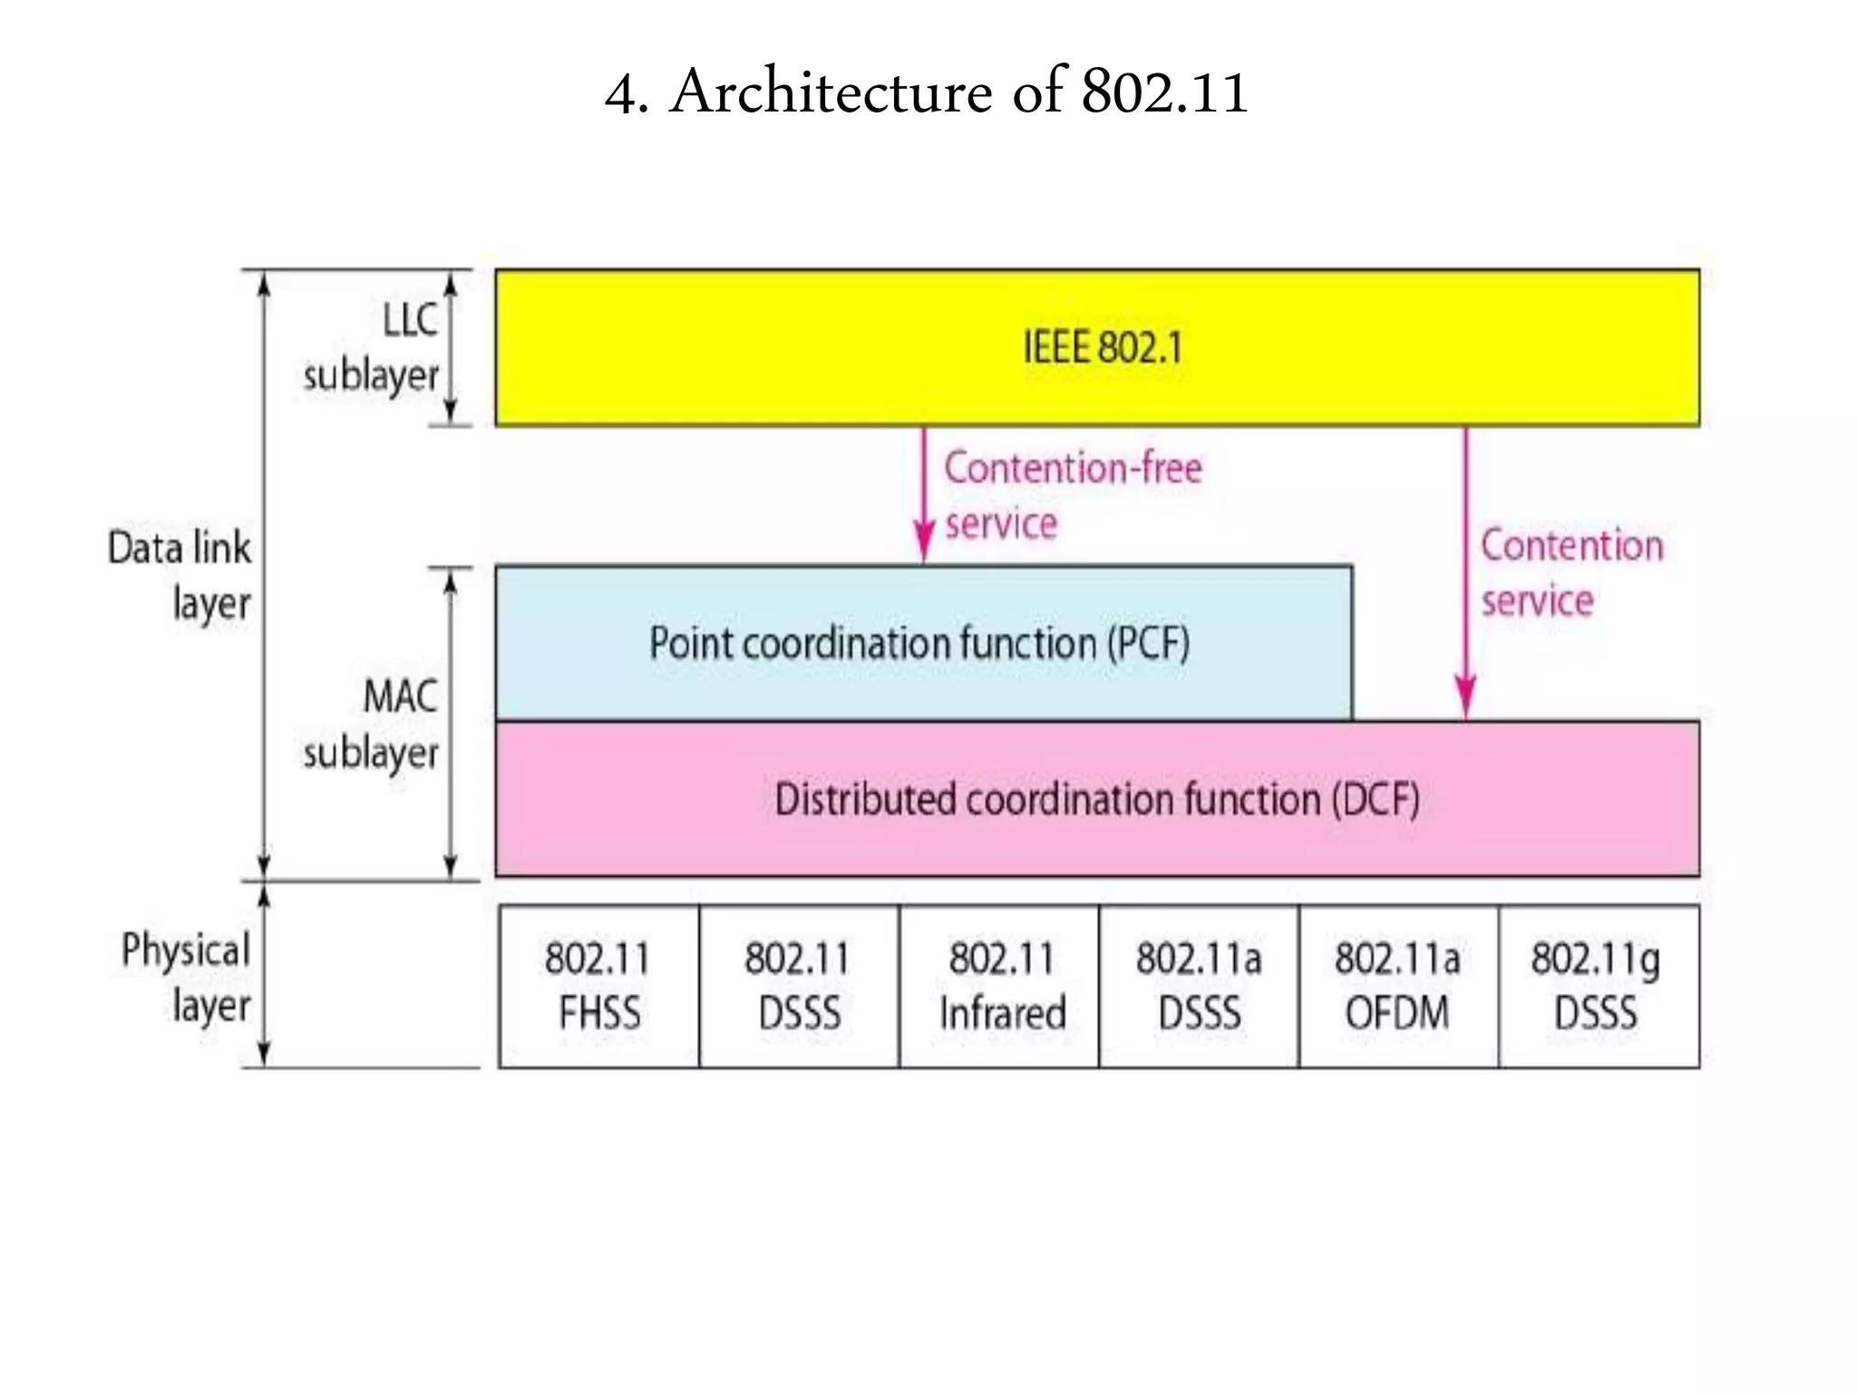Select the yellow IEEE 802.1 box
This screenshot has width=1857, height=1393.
pos(1097,347)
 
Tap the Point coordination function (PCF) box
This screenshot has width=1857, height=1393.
pos(922,643)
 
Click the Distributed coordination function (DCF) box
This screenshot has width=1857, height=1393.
pos(1097,799)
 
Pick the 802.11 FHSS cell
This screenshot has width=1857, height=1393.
pos(598,986)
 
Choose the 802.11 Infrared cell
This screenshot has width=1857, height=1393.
pos(1000,986)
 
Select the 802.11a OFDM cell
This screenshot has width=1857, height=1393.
pos(1398,986)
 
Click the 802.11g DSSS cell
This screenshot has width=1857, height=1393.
pos(1598,986)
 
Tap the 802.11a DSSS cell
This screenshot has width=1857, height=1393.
pos(1199,986)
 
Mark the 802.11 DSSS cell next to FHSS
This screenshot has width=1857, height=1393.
pos(799,986)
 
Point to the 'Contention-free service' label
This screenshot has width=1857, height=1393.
pos(1073,496)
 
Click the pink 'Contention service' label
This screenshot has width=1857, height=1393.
pos(1570,573)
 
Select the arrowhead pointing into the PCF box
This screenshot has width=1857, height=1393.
pos(924,543)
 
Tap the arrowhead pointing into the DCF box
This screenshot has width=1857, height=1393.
pos(1465,698)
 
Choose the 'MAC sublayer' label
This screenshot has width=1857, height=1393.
pos(373,725)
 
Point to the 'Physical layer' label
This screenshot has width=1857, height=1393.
pos(187,978)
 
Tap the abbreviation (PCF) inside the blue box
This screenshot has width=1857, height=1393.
pos(1148,643)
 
